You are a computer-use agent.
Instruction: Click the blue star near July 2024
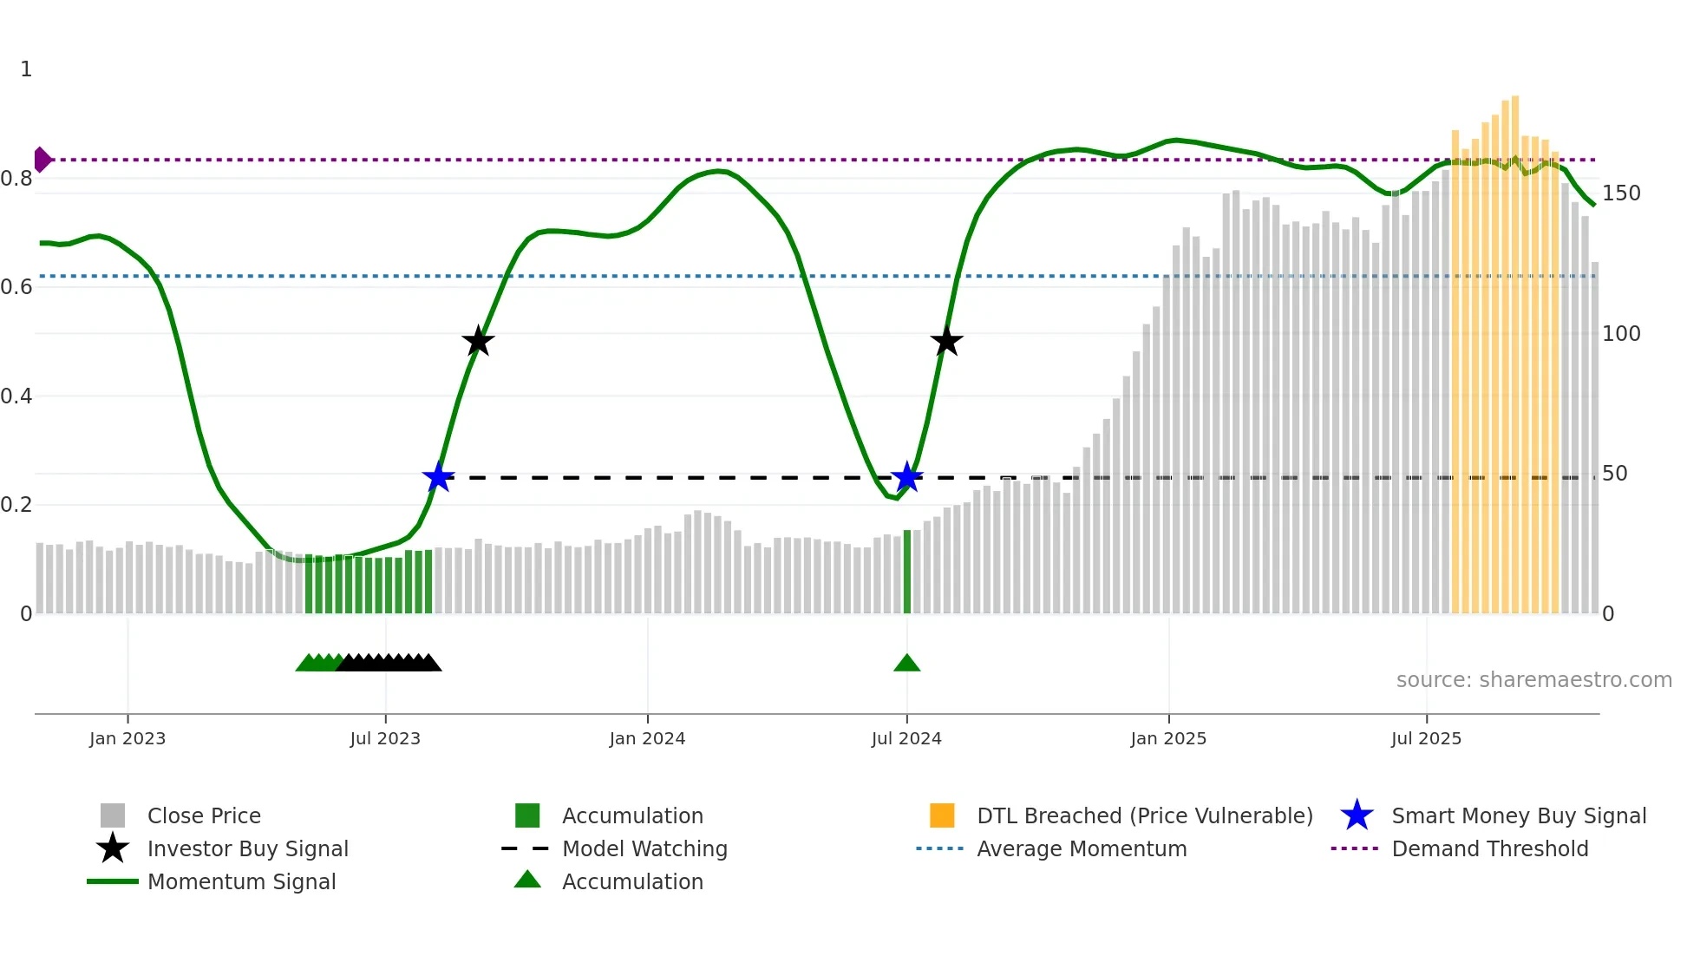tap(906, 477)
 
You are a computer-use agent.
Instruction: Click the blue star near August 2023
tap(438, 477)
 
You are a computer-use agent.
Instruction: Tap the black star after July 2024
tap(946, 342)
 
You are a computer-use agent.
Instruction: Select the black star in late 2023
tap(478, 342)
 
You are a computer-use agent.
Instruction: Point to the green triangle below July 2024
tap(906, 664)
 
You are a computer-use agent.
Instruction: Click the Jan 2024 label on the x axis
tap(647, 739)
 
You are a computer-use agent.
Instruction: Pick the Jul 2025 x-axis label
tap(1426, 739)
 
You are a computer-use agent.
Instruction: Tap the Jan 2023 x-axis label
tap(127, 739)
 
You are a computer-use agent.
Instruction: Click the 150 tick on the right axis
tap(1620, 193)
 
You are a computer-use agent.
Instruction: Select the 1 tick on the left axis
tap(26, 69)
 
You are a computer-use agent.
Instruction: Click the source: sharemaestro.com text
tap(1533, 680)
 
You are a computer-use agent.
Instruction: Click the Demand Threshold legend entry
tap(1489, 849)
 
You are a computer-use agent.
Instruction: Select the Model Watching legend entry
tap(644, 849)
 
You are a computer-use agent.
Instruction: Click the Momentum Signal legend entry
tap(241, 882)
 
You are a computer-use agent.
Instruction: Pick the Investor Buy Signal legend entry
tap(247, 849)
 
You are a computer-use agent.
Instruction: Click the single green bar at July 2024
tap(907, 573)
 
